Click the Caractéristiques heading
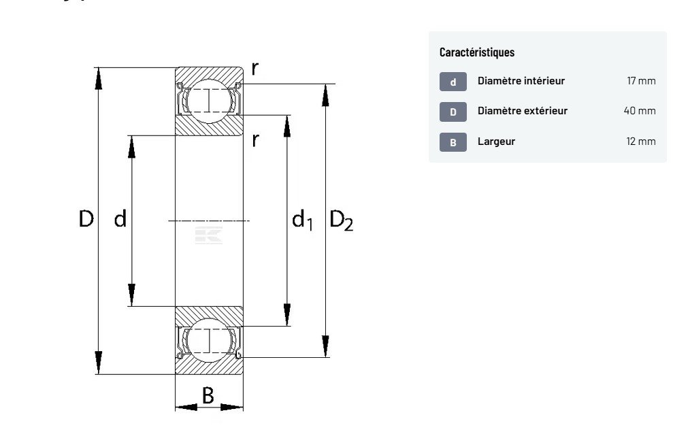(477, 52)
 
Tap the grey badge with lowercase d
(453, 82)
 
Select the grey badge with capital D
(453, 112)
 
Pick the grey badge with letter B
(453, 142)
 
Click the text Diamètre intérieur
(521, 81)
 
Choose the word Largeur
(496, 142)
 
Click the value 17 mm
(641, 81)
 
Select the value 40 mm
(640, 111)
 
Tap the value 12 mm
(641, 142)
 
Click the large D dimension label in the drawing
(86, 219)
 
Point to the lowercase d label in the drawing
(120, 219)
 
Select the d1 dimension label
(302, 220)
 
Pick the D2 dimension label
(341, 220)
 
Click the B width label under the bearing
(208, 395)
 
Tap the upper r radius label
(255, 68)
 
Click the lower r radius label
(255, 140)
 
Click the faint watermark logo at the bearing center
(209, 235)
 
